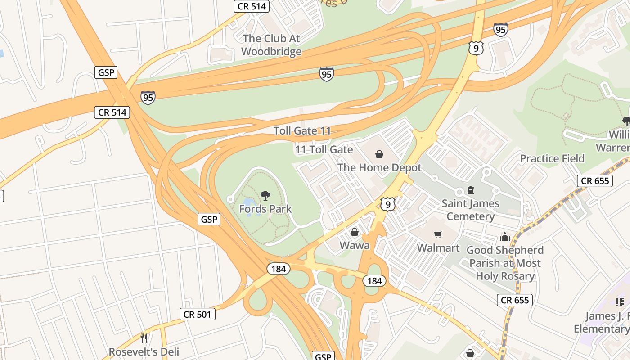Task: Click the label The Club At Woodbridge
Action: pos(271,45)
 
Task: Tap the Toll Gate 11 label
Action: pos(302,131)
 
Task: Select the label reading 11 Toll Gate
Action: pos(324,149)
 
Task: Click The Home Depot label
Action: pos(379,168)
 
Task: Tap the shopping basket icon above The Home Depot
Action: pos(379,155)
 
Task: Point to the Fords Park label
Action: pos(265,209)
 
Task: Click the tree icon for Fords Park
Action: pos(265,196)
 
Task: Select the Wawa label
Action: pos(354,245)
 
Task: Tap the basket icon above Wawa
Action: pos(355,232)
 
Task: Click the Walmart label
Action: pos(438,248)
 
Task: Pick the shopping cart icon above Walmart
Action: pos(438,234)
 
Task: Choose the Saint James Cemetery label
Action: pos(470,210)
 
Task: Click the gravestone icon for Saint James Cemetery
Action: pos(471,190)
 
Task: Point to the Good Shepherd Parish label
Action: pos(505,263)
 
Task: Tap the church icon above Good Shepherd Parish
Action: pos(505,237)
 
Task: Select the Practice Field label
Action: pos(552,158)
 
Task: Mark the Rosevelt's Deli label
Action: pos(144,351)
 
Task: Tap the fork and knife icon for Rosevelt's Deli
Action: pos(144,338)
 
